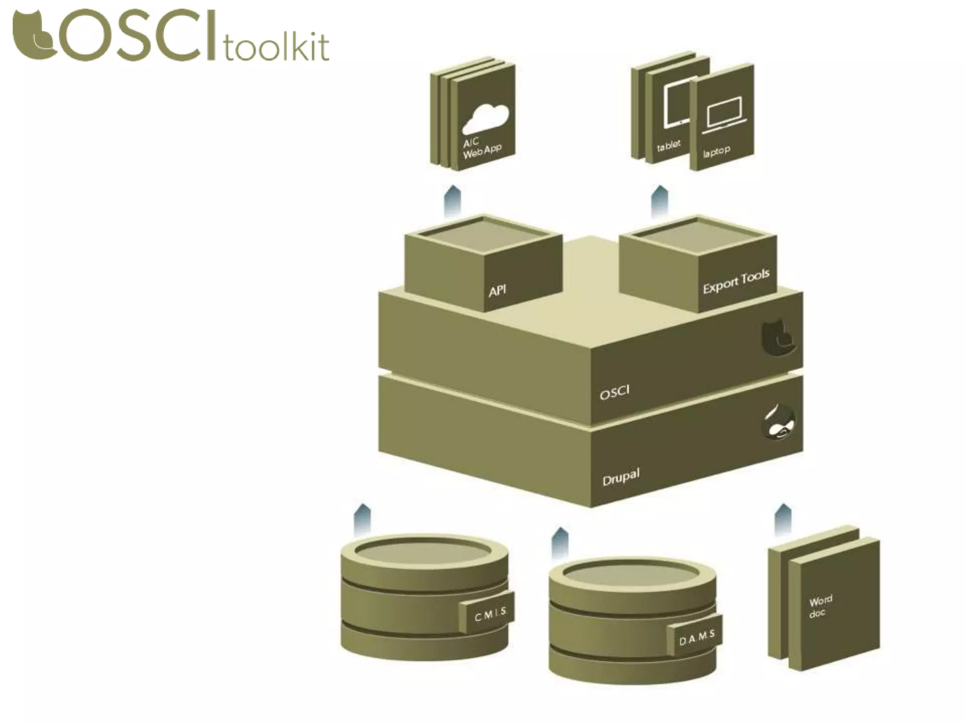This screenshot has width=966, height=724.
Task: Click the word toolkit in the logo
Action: pyautogui.click(x=276, y=45)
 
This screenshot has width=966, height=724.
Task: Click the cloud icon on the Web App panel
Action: pyautogui.click(x=485, y=118)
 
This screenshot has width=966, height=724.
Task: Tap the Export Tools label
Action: pyautogui.click(x=735, y=281)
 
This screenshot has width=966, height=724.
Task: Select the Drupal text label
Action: pyautogui.click(x=621, y=477)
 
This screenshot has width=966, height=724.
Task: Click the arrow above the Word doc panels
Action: pyautogui.click(x=783, y=519)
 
